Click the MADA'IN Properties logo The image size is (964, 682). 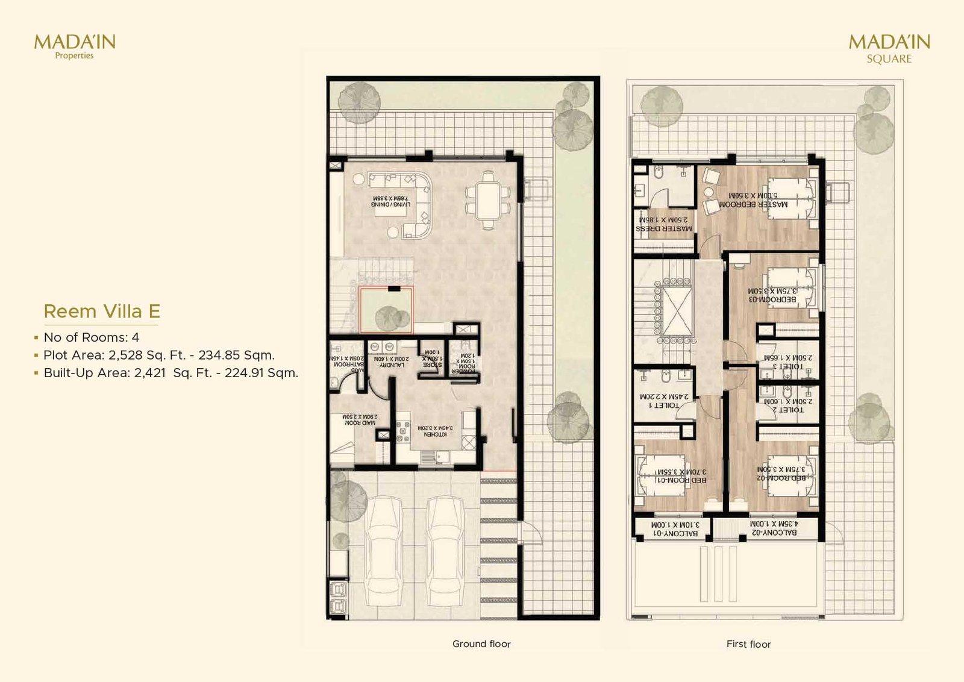click(x=74, y=46)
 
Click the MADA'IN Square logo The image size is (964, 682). click(x=889, y=48)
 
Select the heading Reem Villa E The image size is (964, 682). click(x=102, y=311)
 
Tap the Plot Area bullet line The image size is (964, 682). click(x=159, y=355)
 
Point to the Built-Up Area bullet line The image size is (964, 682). click(x=171, y=373)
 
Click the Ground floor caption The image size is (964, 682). click(x=481, y=644)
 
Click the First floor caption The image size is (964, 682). click(x=748, y=644)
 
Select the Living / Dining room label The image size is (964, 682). click(x=390, y=201)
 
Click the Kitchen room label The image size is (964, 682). click(x=435, y=431)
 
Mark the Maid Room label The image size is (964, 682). click(x=360, y=420)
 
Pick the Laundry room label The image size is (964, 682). click(x=391, y=362)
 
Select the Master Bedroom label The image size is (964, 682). click(x=753, y=200)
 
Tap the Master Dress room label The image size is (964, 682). click(x=663, y=225)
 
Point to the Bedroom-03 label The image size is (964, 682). click(x=772, y=295)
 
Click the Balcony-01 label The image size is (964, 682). click(x=675, y=529)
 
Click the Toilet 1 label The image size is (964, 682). click(x=663, y=401)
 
